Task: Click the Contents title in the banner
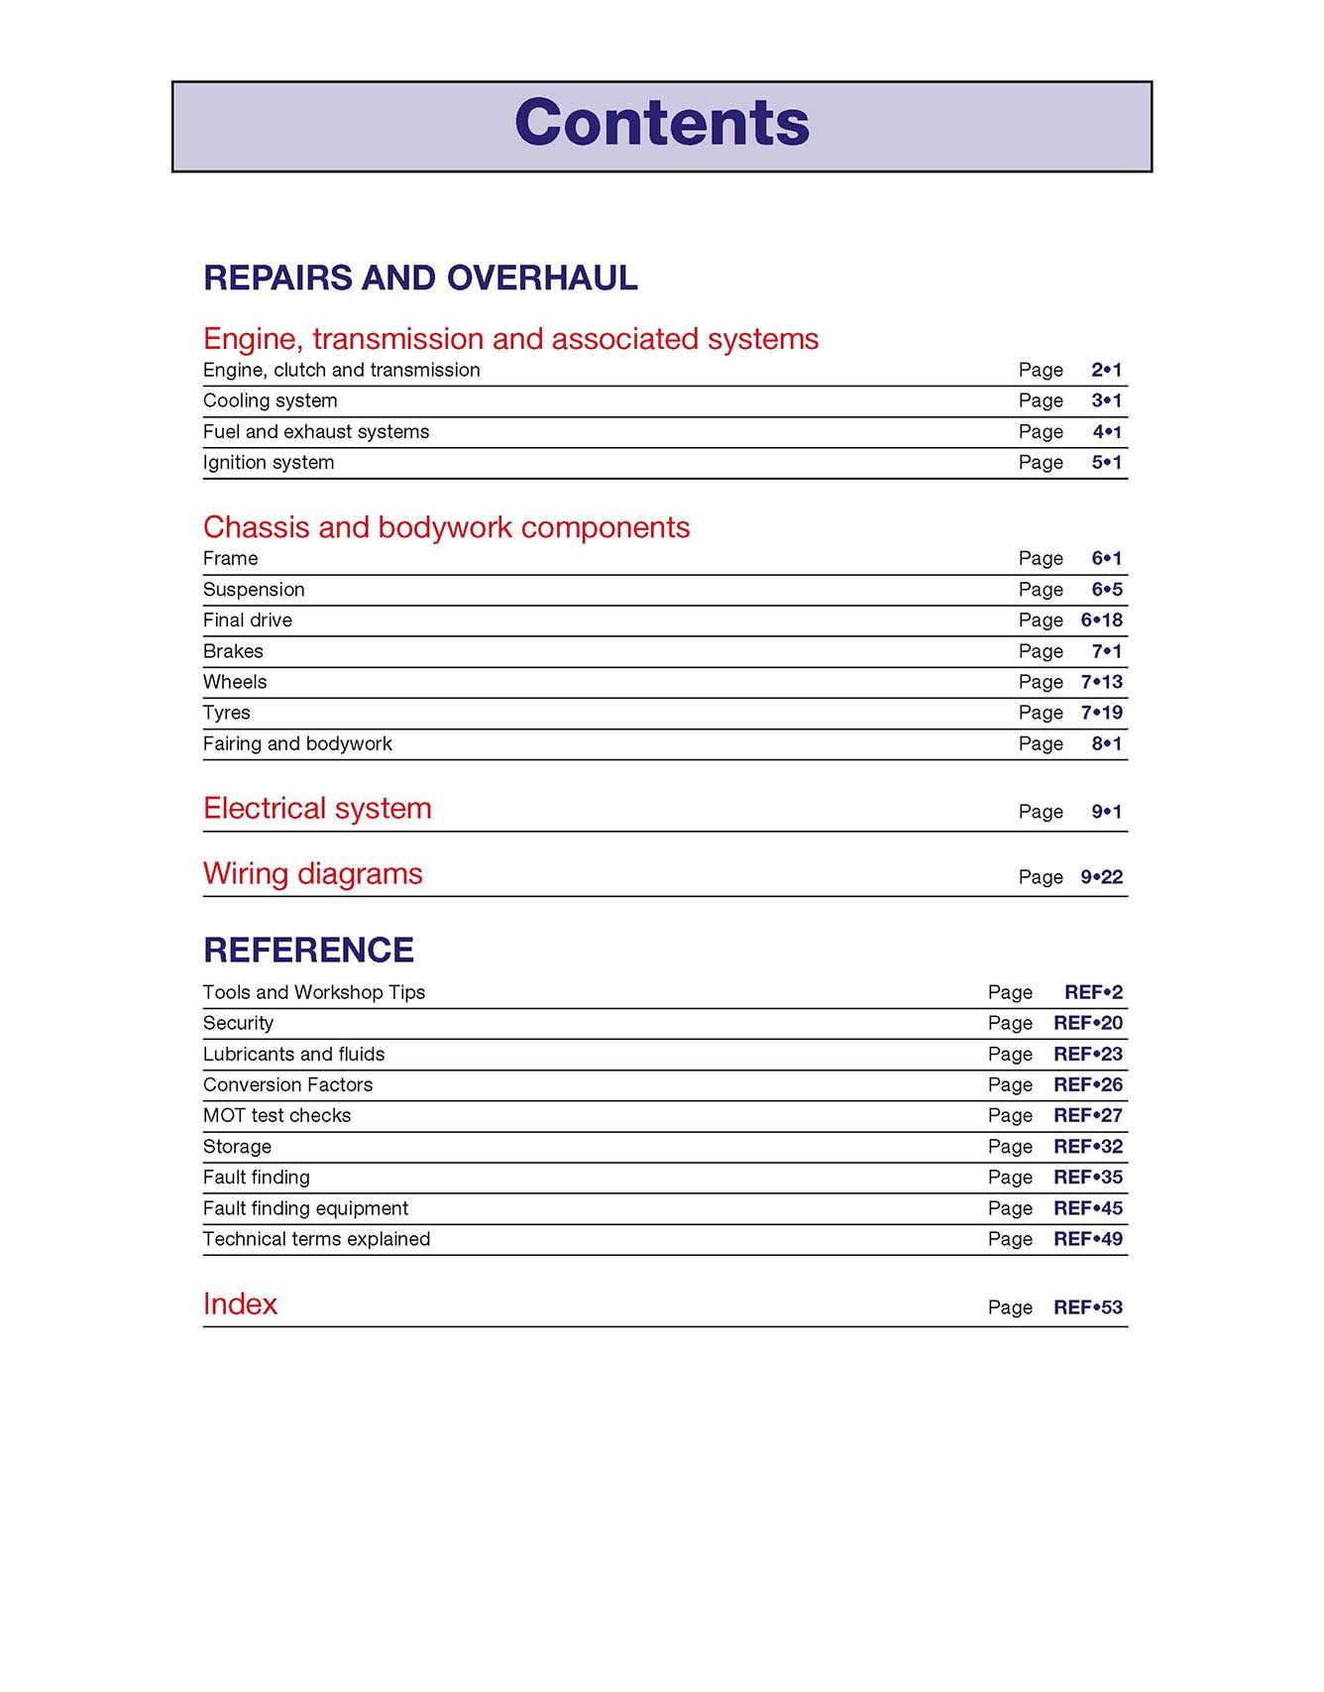tap(662, 123)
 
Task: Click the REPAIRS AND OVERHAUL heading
tap(420, 279)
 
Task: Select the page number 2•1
tap(1106, 370)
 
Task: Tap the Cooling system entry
tap(270, 400)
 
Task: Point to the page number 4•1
tap(1107, 431)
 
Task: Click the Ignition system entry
tap(269, 462)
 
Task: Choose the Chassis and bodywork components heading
tap(446, 527)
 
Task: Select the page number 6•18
tap(1101, 620)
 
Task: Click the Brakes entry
tap(233, 651)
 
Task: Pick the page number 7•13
tap(1101, 682)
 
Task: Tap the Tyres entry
tap(227, 713)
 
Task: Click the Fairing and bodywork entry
tap(297, 743)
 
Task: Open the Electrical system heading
tap(317, 809)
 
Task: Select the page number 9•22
tap(1101, 877)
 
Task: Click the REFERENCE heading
tap(308, 951)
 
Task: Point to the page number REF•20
tap(1087, 1023)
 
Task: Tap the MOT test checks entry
tap(276, 1115)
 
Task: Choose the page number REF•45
tap(1087, 1208)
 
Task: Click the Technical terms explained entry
tap(316, 1239)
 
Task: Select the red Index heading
tap(240, 1304)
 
